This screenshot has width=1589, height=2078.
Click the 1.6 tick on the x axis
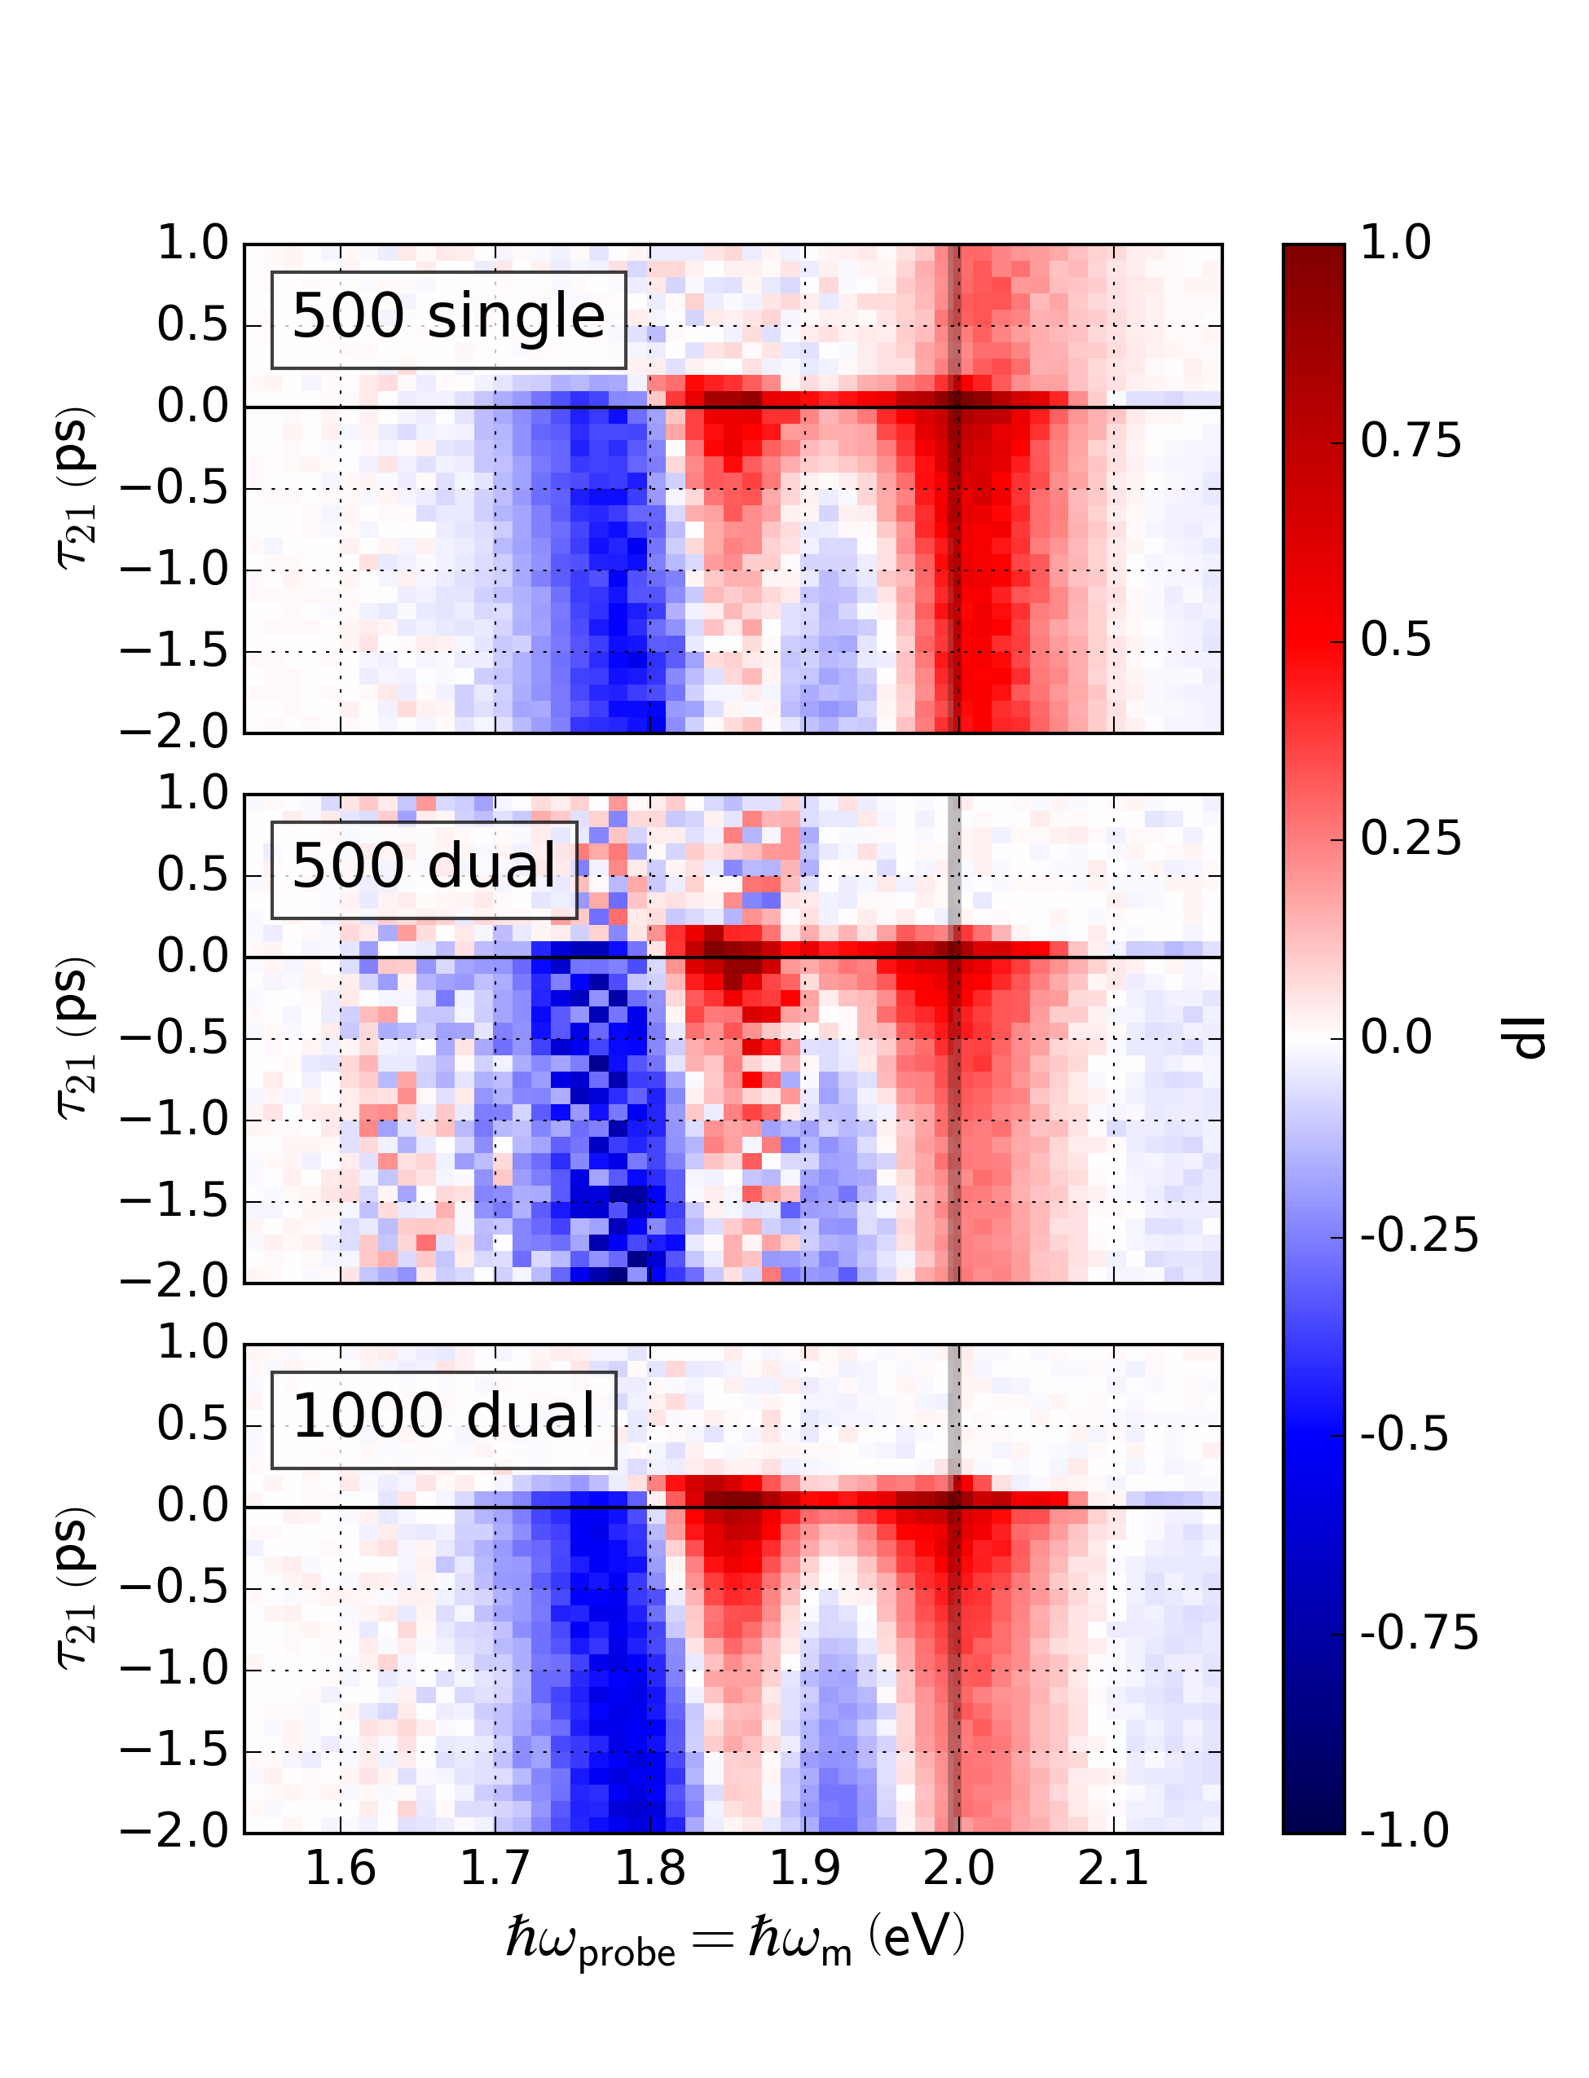click(341, 1869)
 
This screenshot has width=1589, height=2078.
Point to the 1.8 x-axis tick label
click(649, 1869)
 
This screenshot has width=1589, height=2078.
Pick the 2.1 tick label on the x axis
click(1113, 1869)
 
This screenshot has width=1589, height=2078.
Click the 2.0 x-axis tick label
click(958, 1869)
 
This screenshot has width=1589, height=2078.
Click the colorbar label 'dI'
click(1524, 1038)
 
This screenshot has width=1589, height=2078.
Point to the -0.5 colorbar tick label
click(1403, 1436)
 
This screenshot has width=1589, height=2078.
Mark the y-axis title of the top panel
click(76, 488)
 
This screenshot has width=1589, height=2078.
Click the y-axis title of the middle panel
click(76, 1038)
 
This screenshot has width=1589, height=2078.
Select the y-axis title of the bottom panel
click(76, 1588)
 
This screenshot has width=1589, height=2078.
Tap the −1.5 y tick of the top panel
click(175, 652)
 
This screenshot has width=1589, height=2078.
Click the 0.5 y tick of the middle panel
click(193, 875)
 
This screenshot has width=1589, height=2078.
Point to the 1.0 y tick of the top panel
click(193, 244)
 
